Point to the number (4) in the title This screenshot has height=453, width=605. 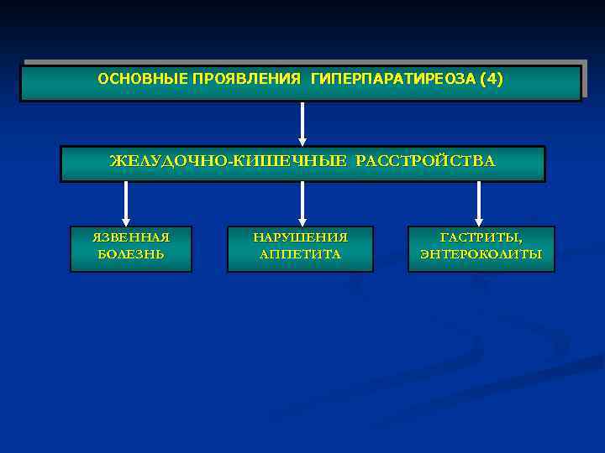491,79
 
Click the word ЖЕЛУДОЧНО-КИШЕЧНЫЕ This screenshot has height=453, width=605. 227,161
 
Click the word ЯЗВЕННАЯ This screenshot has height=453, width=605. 131,237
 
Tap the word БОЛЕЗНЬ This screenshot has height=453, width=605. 131,254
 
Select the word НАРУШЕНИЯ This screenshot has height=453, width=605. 301,237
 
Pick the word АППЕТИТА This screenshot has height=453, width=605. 301,254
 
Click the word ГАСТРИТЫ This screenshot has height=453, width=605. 481,237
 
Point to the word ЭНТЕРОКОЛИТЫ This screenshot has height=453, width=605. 481,254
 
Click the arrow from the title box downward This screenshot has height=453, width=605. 302,124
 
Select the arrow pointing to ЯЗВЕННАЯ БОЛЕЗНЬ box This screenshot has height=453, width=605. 126,204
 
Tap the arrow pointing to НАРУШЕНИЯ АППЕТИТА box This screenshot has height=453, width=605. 302,204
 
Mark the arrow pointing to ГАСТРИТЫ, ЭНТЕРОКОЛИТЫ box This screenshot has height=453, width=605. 479,204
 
